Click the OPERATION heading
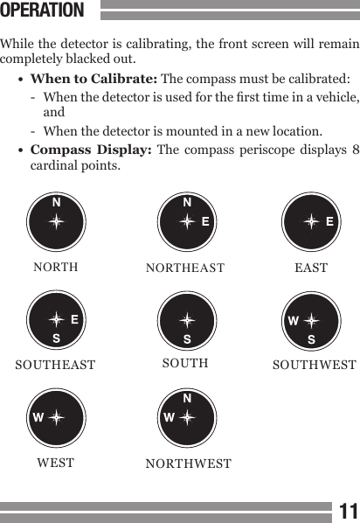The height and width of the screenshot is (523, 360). pos(43,11)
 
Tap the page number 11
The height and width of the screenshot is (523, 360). pos(349,510)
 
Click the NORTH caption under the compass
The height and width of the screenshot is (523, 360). pos(55,267)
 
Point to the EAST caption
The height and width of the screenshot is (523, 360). pos(311,267)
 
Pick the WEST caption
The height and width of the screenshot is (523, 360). pos(55,461)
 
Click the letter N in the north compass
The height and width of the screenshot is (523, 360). pos(56,203)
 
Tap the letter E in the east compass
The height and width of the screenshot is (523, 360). pos(330,221)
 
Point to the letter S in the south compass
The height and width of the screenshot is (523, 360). pos(186,338)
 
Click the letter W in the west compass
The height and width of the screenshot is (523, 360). pos(38,417)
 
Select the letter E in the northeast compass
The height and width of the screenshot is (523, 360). pos(205,221)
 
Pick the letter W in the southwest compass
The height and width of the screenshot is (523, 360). pos(293,320)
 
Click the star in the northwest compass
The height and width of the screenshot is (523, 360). pos(186,417)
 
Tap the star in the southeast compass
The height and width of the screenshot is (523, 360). pos(56,320)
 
